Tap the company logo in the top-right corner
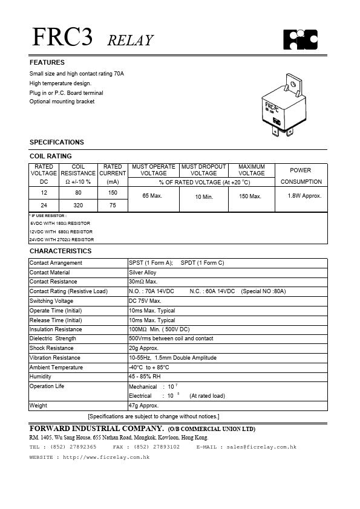tap(301, 39)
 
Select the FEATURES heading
tap(47, 62)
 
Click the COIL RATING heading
tap(51, 156)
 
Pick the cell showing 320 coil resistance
tap(78, 205)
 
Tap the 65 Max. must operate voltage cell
tap(154, 196)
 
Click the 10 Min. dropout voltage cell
tap(204, 197)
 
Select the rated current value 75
tap(113, 205)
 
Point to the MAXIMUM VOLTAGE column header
tap(252, 170)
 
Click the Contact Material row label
tap(50, 273)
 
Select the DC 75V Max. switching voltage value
tap(145, 301)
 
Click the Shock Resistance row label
tap(51, 348)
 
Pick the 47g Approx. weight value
tap(143, 406)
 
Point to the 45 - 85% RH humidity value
tap(145, 377)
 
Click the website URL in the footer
tap(106, 458)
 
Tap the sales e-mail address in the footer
tap(261, 447)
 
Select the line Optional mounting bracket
tap(62, 102)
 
